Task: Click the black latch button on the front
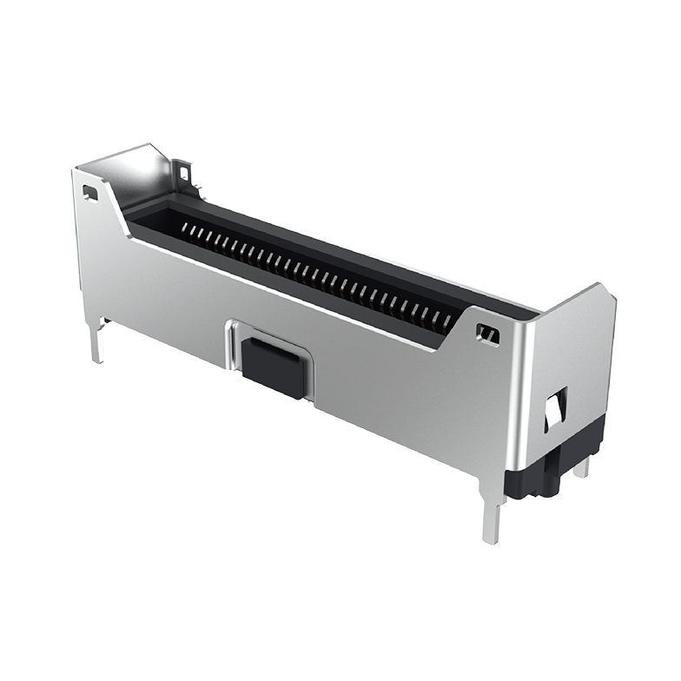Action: pyautogui.click(x=274, y=368)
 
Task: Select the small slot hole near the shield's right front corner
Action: pyautogui.click(x=488, y=332)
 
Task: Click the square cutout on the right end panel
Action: pyautogui.click(x=555, y=408)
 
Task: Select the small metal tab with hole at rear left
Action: pyautogui.click(x=183, y=173)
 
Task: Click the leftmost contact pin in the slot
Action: pyautogui.click(x=185, y=228)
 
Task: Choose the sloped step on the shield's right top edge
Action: pyautogui.click(x=452, y=334)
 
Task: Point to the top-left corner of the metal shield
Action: pyautogui.click(x=76, y=170)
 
